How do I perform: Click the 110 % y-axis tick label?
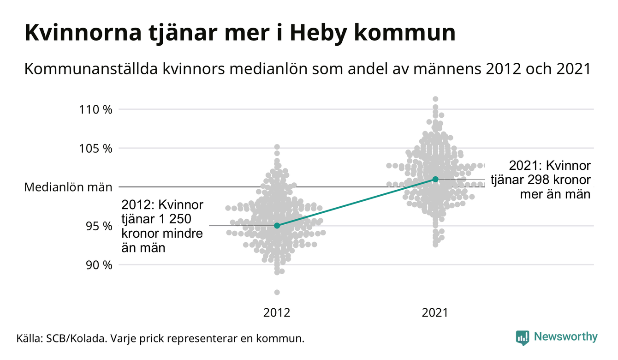(x=96, y=110)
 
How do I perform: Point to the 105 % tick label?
(x=96, y=149)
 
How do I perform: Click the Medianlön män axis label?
(x=68, y=187)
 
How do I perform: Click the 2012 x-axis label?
(x=277, y=313)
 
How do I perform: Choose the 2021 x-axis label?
(x=435, y=313)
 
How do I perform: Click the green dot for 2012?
(x=277, y=226)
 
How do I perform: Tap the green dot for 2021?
(x=435, y=179)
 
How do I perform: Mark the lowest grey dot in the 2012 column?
(x=277, y=292)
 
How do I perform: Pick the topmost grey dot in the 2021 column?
(x=435, y=99)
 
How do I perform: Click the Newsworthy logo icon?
(x=523, y=337)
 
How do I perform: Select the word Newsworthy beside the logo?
(x=565, y=337)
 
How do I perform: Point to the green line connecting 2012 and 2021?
(x=356, y=202)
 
